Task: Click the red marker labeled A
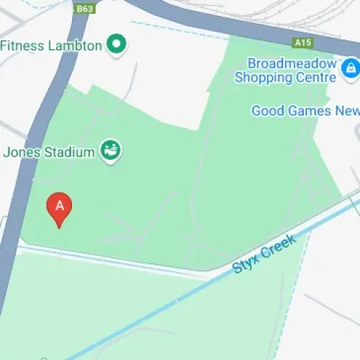pyautogui.click(x=60, y=210)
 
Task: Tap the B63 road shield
pyautogui.click(x=85, y=9)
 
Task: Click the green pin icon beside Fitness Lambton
pyautogui.click(x=117, y=45)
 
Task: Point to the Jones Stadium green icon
pyautogui.click(x=111, y=151)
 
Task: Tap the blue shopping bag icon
pyautogui.click(x=350, y=68)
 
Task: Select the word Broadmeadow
pyautogui.click(x=291, y=63)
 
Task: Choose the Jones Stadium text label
pyautogui.click(x=49, y=152)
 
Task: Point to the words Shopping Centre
pyautogui.click(x=285, y=77)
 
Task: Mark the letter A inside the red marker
pyautogui.click(x=60, y=205)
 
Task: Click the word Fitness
pyautogui.click(x=22, y=45)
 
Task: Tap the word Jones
pyautogui.click(x=19, y=152)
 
